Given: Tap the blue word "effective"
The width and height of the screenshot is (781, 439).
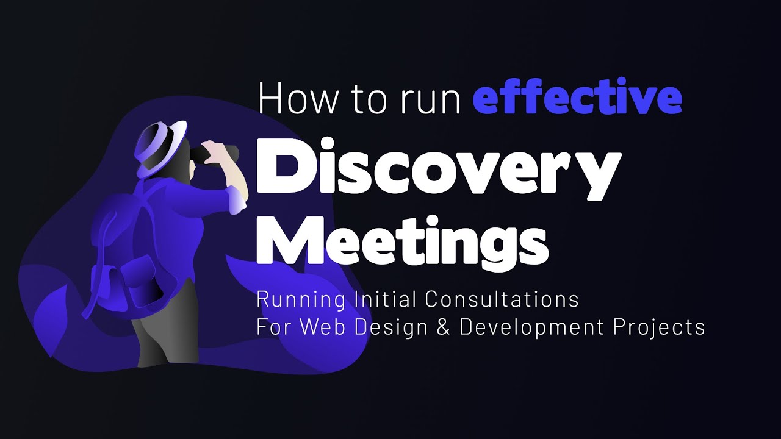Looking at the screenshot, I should coord(577,99).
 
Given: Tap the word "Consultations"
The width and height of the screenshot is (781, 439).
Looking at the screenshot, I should coord(502,299).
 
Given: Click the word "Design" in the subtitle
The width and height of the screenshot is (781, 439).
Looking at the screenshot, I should coord(390,327).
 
